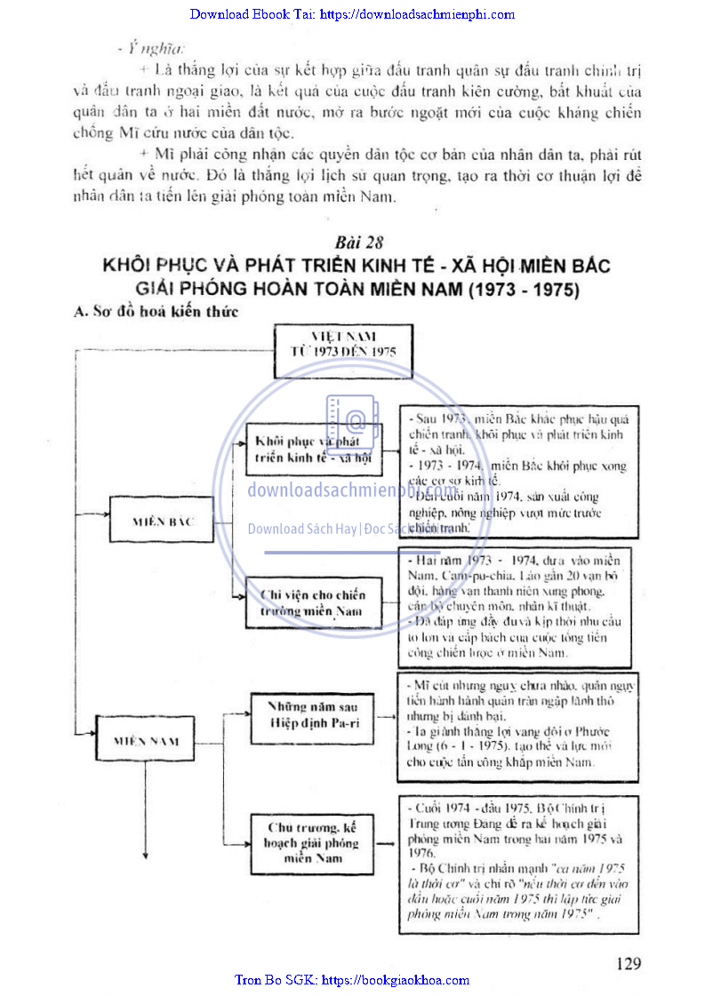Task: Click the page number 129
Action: pos(628,963)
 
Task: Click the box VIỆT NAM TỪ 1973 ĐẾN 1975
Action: pos(343,344)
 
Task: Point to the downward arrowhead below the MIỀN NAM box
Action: pos(144,856)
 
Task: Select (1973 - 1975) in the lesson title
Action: pos(513,289)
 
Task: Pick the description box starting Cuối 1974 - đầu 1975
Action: pos(518,862)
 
